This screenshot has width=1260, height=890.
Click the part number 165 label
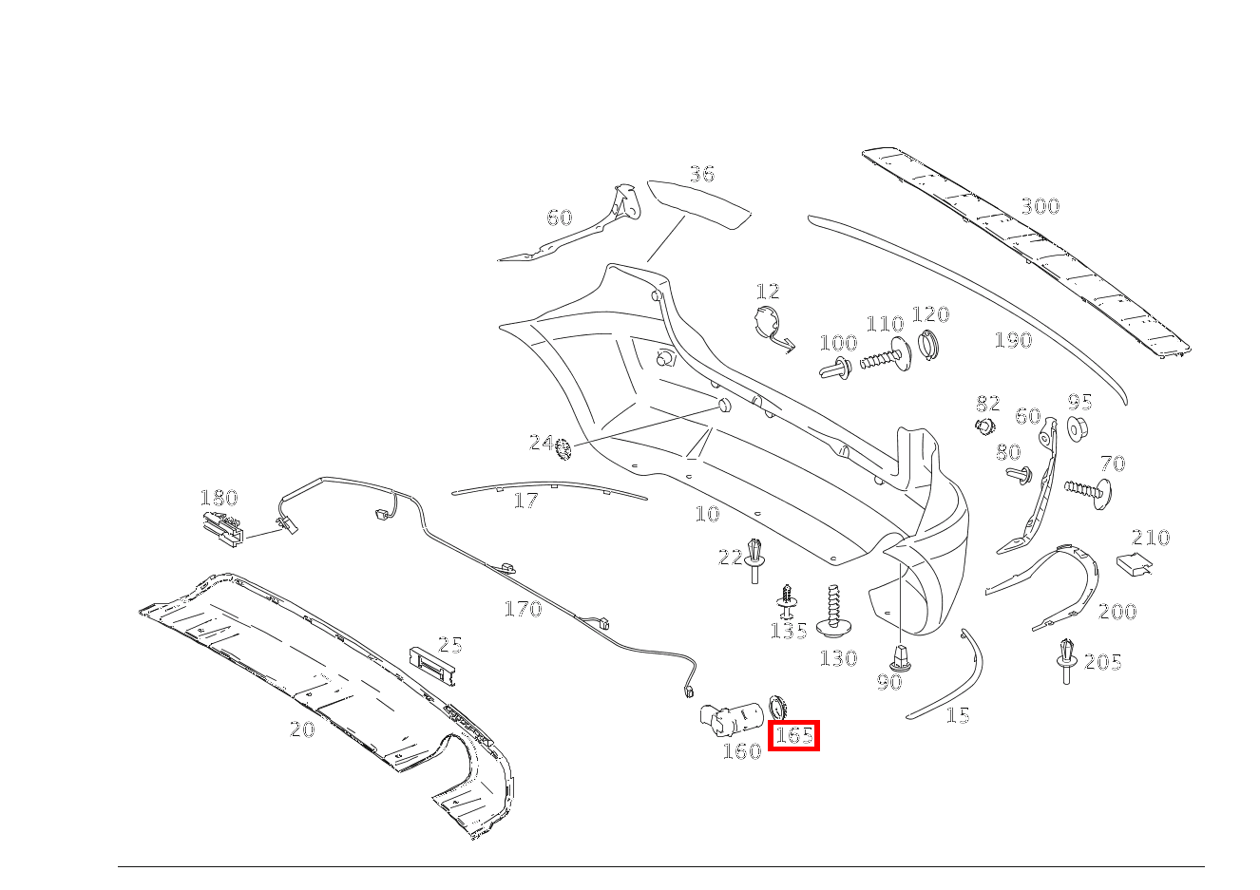(793, 735)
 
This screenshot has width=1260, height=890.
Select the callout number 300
(1040, 206)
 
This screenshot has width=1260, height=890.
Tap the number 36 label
(701, 174)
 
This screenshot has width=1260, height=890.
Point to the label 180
(219, 498)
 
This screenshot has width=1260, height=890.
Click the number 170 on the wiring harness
(523, 609)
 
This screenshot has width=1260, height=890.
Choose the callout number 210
(1151, 538)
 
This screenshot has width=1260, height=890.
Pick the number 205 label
(1103, 662)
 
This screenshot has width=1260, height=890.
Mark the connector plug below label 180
(221, 527)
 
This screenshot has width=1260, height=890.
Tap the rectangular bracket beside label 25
(432, 662)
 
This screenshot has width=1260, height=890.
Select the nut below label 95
(1078, 428)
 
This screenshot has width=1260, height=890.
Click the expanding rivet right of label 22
(755, 559)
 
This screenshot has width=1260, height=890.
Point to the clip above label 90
(899, 656)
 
